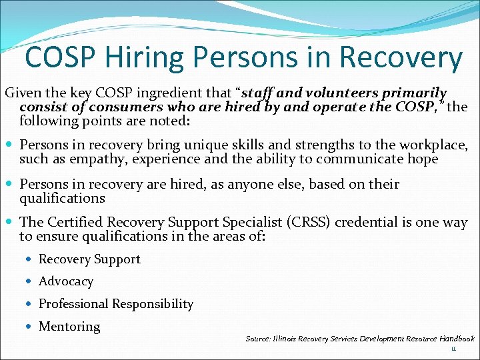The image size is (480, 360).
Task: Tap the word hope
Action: (x=422, y=159)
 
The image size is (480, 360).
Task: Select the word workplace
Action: (x=437, y=145)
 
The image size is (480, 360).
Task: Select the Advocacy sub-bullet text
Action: (x=66, y=282)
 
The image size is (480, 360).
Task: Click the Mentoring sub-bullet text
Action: (x=69, y=327)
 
